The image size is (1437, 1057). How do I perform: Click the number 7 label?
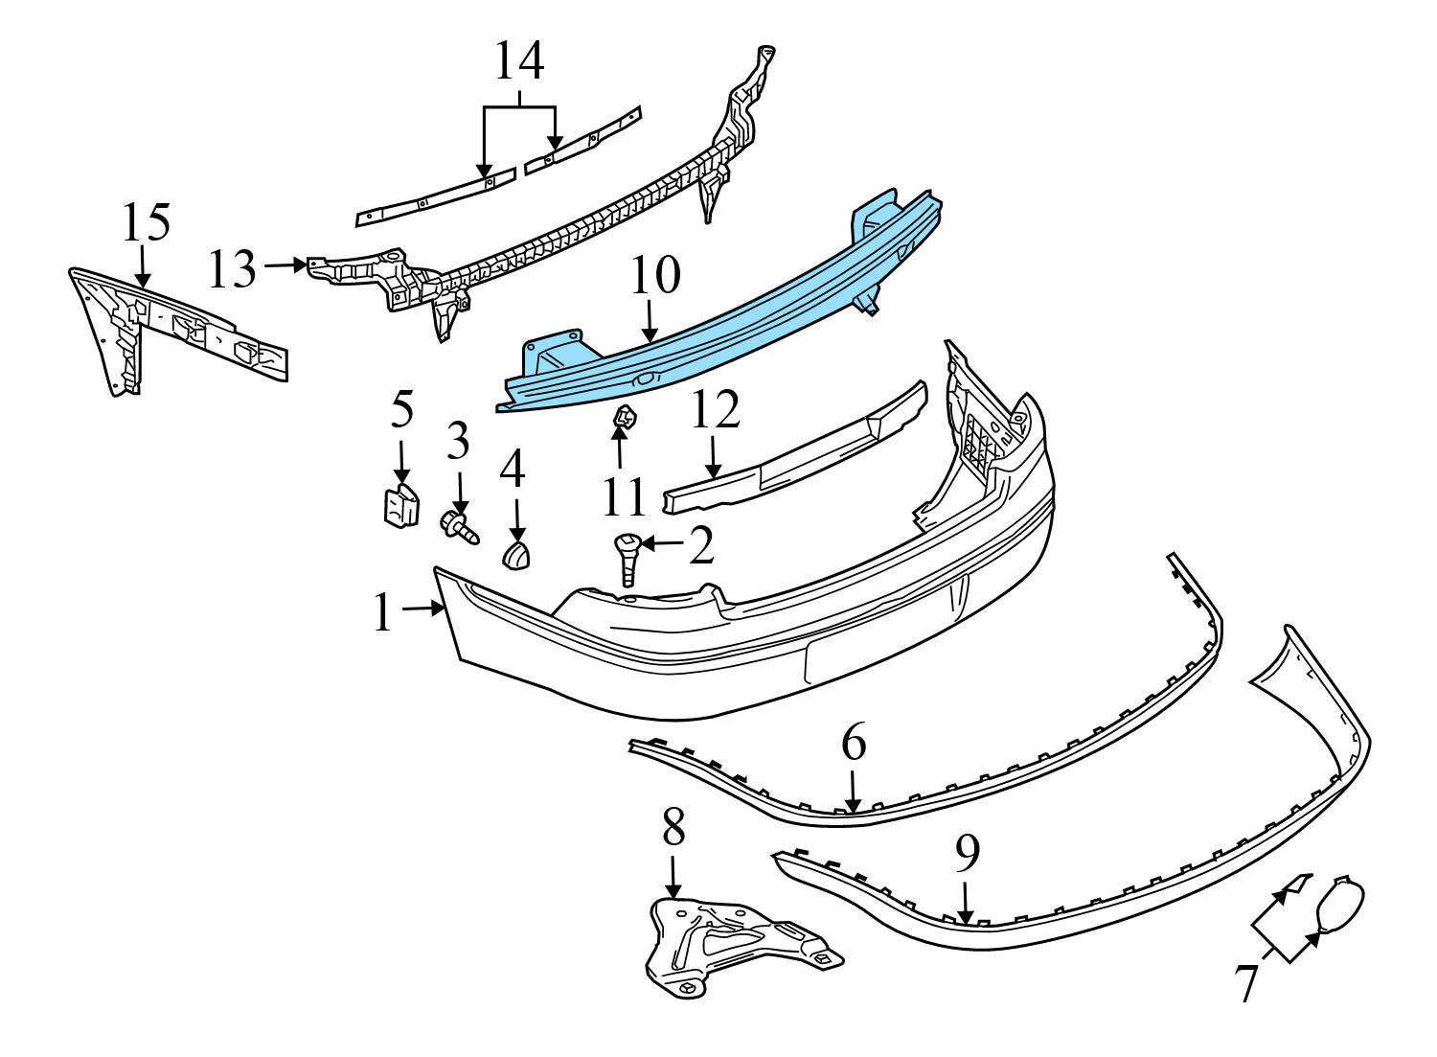[x=1246, y=982]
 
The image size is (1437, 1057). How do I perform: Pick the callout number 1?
[x=383, y=613]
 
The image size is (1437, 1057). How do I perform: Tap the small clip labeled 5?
[x=397, y=505]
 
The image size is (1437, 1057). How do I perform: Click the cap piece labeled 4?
[x=516, y=554]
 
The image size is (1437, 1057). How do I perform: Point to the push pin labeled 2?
[x=627, y=558]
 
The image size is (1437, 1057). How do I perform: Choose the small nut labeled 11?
[x=623, y=417]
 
